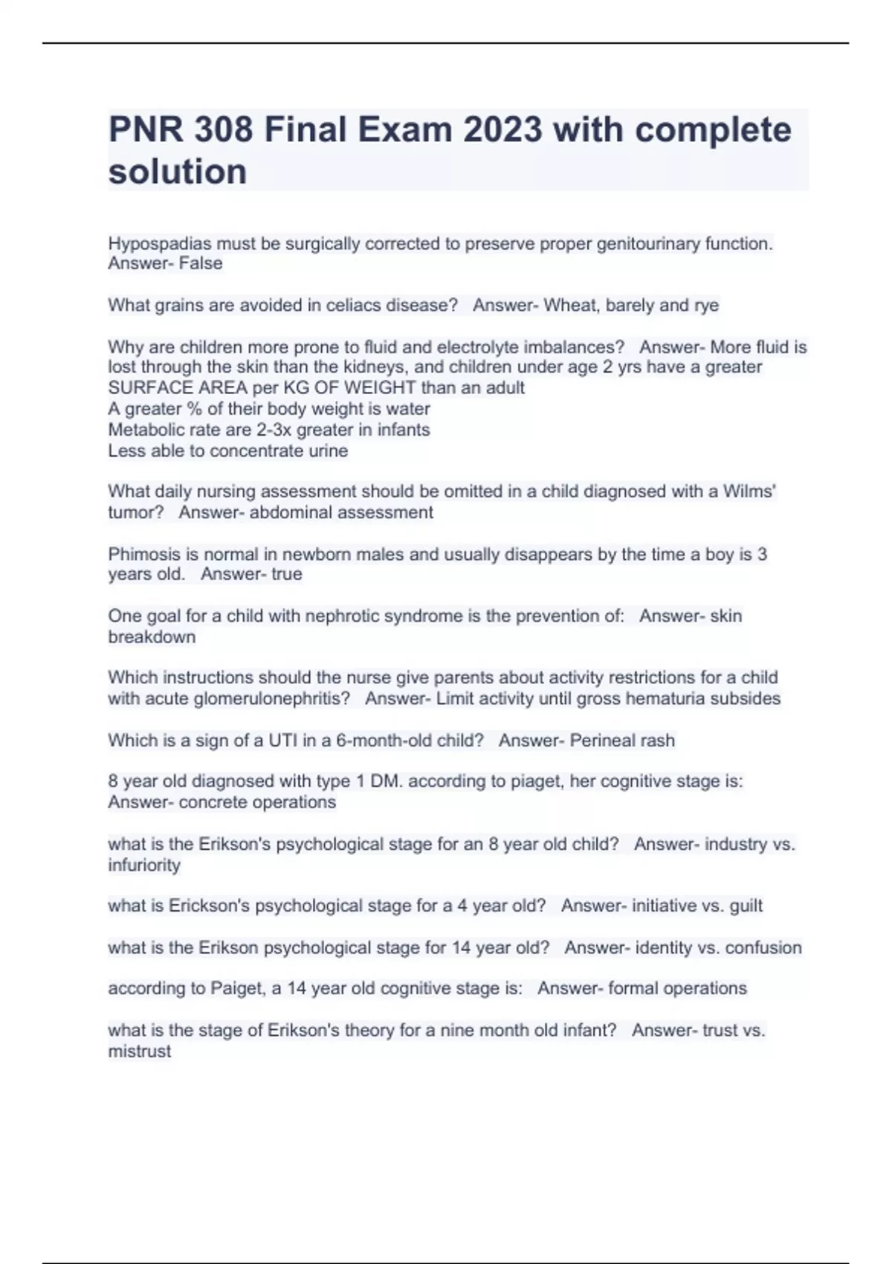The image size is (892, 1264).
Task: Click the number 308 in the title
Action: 222,130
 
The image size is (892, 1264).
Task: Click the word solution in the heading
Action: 178,172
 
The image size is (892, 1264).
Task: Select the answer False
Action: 201,263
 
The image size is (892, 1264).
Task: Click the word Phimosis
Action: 142,555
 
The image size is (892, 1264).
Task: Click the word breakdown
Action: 152,637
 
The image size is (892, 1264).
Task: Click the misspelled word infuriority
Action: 144,865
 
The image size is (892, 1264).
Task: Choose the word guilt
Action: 746,906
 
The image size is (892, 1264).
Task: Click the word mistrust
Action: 140,1051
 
